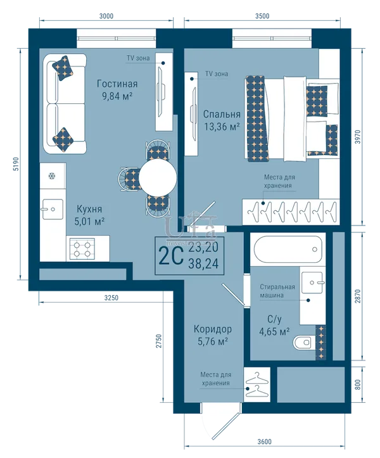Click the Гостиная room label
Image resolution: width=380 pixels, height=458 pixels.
pos(117,84)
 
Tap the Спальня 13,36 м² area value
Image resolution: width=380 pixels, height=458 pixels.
pos(222,127)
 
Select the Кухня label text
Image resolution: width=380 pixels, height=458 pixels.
pos(89,209)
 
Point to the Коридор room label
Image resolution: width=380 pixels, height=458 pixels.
pos(213,329)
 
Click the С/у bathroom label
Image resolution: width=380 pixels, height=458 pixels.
pos(274,319)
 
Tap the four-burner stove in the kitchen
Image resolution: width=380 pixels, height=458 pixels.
pos(82,248)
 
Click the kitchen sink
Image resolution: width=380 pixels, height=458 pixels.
pos(52,209)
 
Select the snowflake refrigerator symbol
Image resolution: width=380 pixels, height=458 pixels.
pos(52,176)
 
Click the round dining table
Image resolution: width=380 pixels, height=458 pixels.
pos(158,177)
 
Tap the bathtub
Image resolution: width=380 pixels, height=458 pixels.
pos(289,249)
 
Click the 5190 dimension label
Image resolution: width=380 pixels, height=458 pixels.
pos(16,164)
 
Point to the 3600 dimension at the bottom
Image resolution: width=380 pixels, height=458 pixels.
pos(264,442)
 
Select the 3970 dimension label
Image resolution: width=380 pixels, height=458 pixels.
pos(358,137)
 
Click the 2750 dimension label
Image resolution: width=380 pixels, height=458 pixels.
pos(158,341)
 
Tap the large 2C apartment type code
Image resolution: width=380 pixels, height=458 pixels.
pos(171,255)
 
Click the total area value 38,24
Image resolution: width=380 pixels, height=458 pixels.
pos(203,264)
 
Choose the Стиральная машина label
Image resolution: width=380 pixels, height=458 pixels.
pos(277,291)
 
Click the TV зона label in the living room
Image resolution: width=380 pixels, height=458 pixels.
pos(138,58)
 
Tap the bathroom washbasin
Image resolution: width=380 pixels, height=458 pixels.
pos(312,283)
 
